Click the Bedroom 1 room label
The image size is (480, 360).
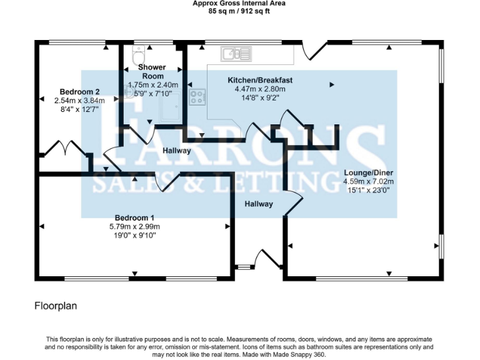point(134,217)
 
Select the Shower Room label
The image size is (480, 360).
point(151,71)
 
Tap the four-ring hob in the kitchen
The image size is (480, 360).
point(197,97)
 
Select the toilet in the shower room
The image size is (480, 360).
point(138,51)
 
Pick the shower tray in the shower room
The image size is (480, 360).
point(171,106)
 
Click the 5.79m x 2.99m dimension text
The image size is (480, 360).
point(134,226)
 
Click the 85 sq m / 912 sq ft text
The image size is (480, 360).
point(240,11)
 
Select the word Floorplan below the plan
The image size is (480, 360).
point(56,306)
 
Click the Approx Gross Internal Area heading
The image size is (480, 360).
point(240,3)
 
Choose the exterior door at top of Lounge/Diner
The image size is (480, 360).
point(314,48)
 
